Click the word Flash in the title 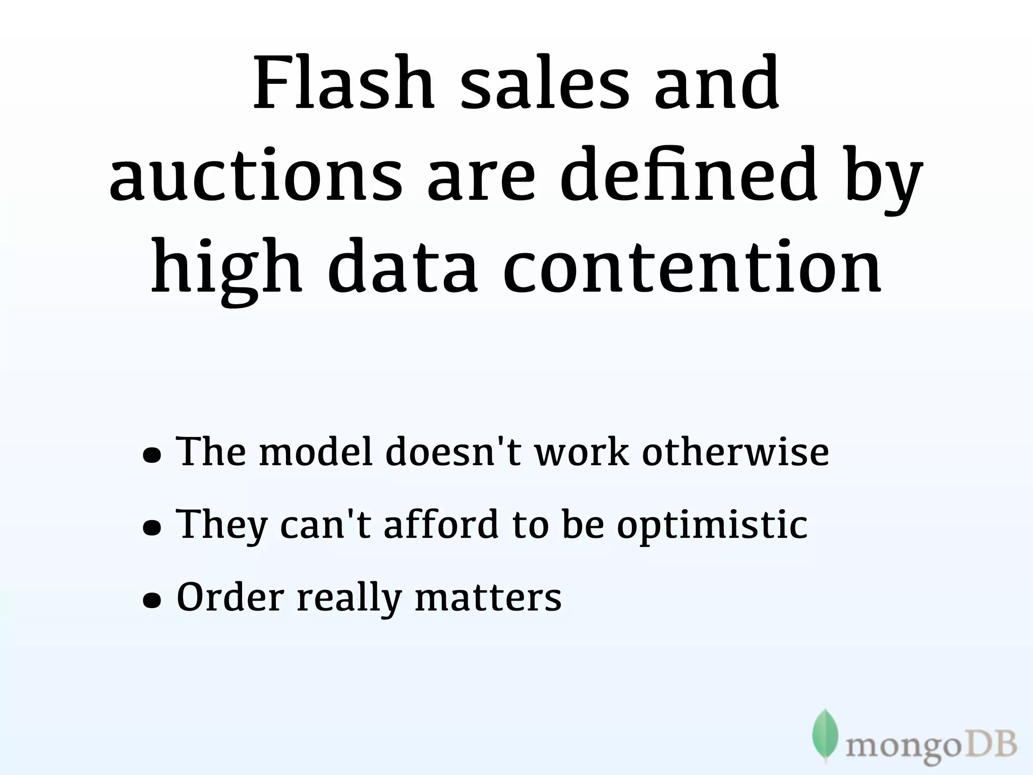pyautogui.click(x=343, y=83)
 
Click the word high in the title pyautogui.click(x=227, y=267)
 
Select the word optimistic pyautogui.click(x=712, y=525)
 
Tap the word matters pyautogui.click(x=488, y=597)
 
